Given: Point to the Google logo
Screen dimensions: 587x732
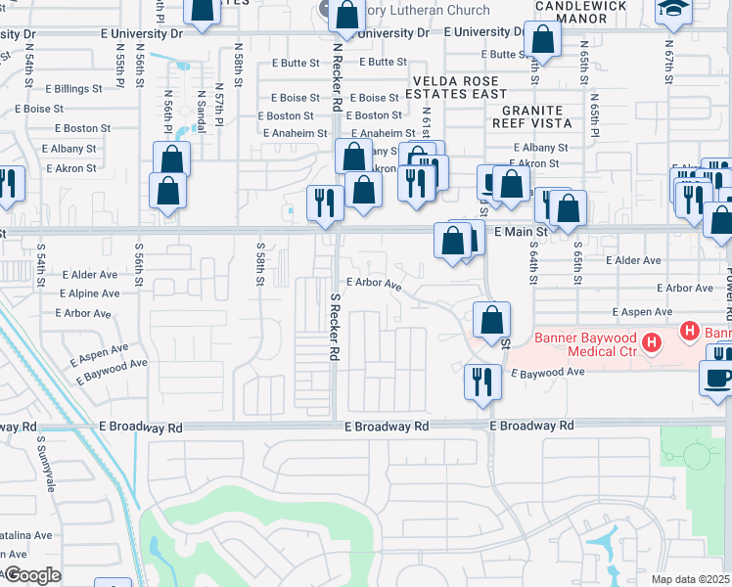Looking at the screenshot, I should (x=31, y=575).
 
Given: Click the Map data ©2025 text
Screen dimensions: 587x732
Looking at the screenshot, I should (x=691, y=579).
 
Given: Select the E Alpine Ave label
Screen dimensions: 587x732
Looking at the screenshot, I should (x=89, y=293).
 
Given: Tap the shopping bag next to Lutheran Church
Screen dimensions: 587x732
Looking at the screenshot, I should (x=347, y=16).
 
